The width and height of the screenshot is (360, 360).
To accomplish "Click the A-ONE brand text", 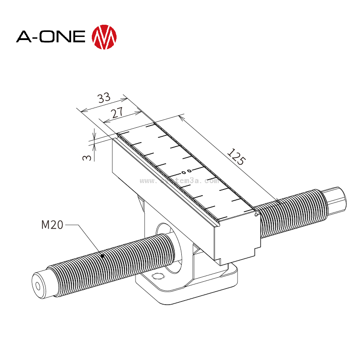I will tap(50, 36).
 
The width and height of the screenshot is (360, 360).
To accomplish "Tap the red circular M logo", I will tap(104, 36).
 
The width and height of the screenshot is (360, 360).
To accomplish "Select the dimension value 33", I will tap(104, 98).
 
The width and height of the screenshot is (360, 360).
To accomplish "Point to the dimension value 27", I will tap(117, 112).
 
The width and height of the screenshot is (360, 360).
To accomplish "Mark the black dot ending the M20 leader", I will tap(103, 256).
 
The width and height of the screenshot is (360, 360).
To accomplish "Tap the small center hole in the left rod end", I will tap(39, 286).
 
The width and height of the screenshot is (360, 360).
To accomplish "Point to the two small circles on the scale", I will tap(186, 171).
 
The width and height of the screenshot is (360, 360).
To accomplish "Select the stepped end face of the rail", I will tap(236, 238).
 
